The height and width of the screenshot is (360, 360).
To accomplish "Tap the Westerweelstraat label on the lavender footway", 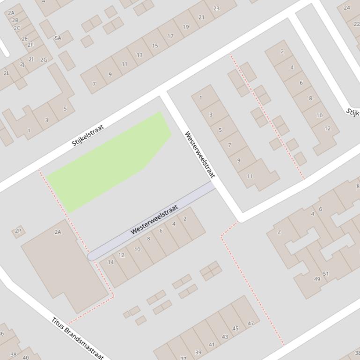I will coord(154,219).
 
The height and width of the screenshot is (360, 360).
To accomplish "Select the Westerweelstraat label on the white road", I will coord(199,154).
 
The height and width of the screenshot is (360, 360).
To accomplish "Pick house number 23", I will coord(216,8).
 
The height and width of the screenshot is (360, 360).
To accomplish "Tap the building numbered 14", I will coord(111,262).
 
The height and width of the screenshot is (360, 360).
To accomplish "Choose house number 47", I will coord(251,323).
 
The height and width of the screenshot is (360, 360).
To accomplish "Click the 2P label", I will coord(18,230).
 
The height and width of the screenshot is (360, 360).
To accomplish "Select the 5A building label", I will coord(58,38).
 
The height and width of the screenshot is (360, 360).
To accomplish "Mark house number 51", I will coord(326,274).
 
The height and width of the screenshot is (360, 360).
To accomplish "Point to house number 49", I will coord(317,279).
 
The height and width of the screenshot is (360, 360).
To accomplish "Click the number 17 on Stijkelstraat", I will coord(170,36).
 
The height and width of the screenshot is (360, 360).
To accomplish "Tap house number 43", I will coord(225,337).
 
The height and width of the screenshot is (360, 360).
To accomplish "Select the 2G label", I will coord(44,60).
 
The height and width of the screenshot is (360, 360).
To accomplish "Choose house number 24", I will coord(347,7).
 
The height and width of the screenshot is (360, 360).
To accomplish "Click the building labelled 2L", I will coord(7,73).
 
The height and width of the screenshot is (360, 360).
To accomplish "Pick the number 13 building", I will coord(140,55).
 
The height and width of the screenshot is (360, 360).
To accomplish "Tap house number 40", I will coord(26,357).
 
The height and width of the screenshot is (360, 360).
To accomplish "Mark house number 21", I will coord(201,17).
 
